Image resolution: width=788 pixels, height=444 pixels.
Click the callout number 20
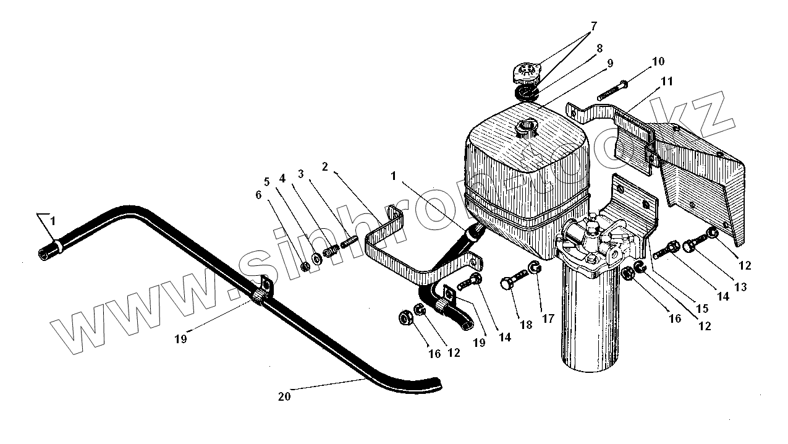pos(284,397)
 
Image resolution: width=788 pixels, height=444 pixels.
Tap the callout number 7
pos(594,27)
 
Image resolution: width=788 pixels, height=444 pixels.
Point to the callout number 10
pos(658,61)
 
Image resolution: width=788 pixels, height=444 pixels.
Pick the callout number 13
pos(740,286)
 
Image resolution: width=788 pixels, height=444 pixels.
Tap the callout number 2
pos(325,166)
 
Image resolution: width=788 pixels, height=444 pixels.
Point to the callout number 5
pos(267,182)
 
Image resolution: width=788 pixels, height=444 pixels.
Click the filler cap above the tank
pos(526,74)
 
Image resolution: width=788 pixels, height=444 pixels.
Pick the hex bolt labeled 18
pos(513,285)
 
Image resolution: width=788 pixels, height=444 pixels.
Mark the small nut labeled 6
pos(305,267)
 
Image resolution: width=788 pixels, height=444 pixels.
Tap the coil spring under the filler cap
pos(527,93)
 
